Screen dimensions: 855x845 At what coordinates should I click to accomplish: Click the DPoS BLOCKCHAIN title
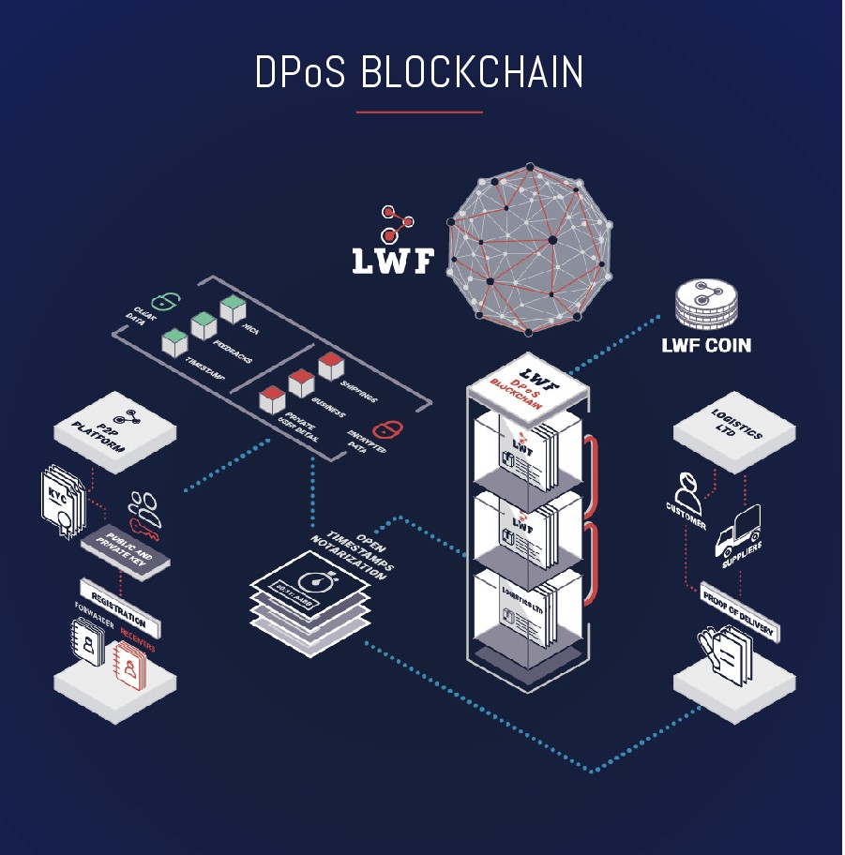click(419, 73)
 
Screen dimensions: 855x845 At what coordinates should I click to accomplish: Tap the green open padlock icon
click(166, 301)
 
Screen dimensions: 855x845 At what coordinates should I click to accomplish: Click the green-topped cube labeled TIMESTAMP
click(174, 342)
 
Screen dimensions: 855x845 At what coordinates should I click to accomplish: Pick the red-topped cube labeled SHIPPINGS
click(332, 366)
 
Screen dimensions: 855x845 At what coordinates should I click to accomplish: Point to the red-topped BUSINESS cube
click(301, 382)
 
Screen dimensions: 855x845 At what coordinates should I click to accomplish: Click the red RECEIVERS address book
click(133, 664)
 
